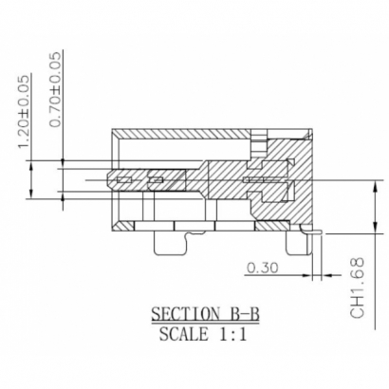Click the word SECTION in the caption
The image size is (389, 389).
(x=173, y=315)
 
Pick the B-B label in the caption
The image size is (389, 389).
(x=234, y=315)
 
